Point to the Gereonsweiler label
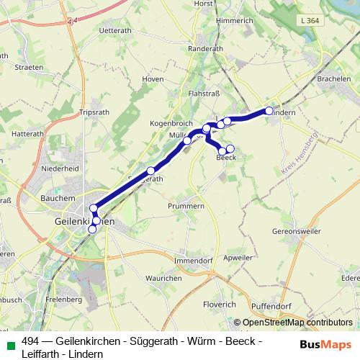297,232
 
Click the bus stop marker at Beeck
230,149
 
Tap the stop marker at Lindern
269,111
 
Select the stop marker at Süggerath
151,171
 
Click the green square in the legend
9,343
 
